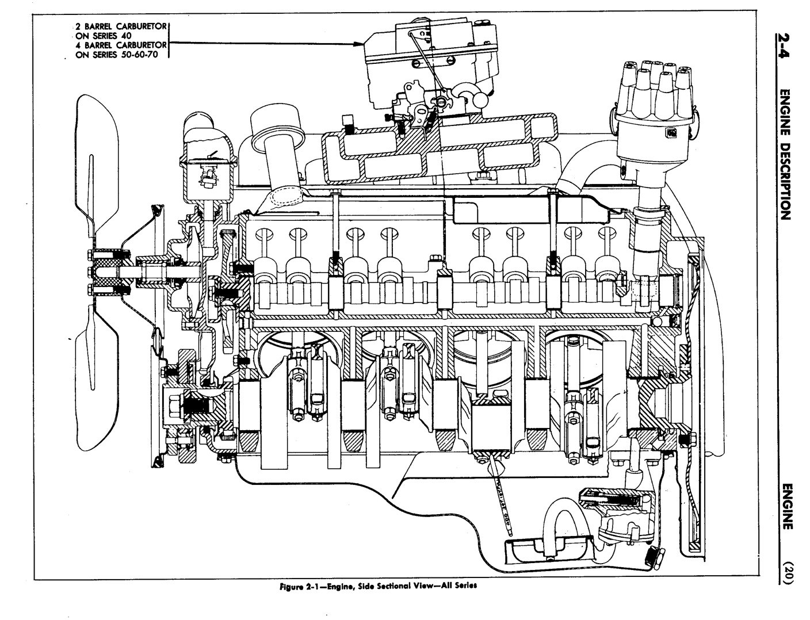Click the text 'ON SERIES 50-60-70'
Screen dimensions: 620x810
tap(119, 55)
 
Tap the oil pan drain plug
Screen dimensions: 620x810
tap(651, 556)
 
